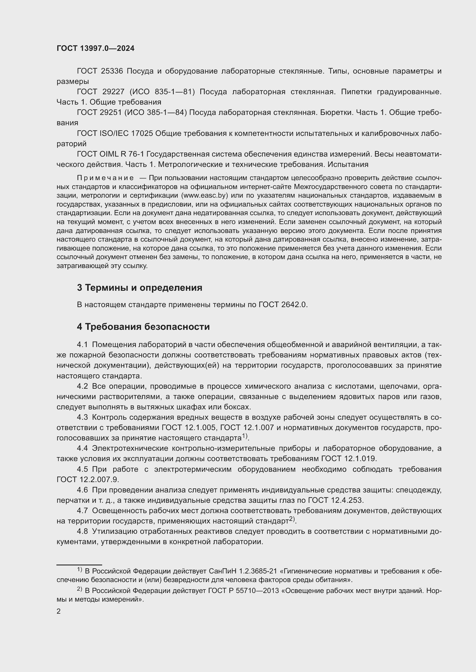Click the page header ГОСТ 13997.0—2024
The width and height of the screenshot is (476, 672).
[96, 49]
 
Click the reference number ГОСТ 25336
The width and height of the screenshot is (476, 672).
[100, 71]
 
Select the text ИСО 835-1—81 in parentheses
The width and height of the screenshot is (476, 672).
[162, 92]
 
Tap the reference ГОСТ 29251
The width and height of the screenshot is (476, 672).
[99, 113]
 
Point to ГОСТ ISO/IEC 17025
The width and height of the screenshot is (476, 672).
[115, 134]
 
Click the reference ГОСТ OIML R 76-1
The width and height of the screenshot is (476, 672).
[110, 154]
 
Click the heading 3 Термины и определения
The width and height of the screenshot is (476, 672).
[140, 288]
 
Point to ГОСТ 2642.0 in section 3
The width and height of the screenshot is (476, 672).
[283, 305]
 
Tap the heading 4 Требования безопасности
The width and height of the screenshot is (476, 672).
[143, 327]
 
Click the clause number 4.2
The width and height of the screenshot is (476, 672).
[82, 386]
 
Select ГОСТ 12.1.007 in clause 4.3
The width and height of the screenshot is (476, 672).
[247, 428]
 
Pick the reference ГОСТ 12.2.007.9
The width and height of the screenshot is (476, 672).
[88, 480]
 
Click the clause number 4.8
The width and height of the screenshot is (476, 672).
[82, 531]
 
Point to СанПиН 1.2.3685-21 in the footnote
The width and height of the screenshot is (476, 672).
[243, 571]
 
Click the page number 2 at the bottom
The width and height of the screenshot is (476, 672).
[59, 612]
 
